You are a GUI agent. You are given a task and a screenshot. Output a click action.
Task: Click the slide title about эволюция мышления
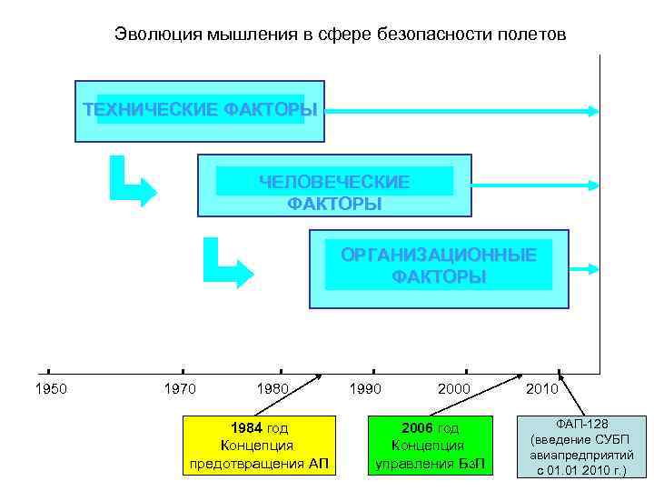(x=340, y=35)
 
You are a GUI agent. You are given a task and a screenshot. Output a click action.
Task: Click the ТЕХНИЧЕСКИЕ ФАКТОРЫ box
(x=200, y=111)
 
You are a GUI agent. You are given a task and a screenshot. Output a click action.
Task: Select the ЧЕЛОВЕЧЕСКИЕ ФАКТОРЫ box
(x=334, y=185)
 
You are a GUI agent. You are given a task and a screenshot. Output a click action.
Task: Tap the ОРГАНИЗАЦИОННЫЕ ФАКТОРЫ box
(x=439, y=268)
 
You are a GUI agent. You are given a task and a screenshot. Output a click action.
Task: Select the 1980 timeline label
(x=272, y=389)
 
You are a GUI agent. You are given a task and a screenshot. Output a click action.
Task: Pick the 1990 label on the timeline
(x=365, y=389)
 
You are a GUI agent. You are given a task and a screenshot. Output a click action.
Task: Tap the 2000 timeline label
(x=454, y=389)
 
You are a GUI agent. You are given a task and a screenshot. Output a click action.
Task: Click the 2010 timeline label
(x=542, y=389)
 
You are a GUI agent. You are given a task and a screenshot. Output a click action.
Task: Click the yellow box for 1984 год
(x=257, y=446)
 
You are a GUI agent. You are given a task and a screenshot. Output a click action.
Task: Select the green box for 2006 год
(x=431, y=446)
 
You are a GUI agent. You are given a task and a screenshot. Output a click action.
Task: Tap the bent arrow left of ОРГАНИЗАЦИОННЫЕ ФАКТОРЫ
(x=227, y=264)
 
